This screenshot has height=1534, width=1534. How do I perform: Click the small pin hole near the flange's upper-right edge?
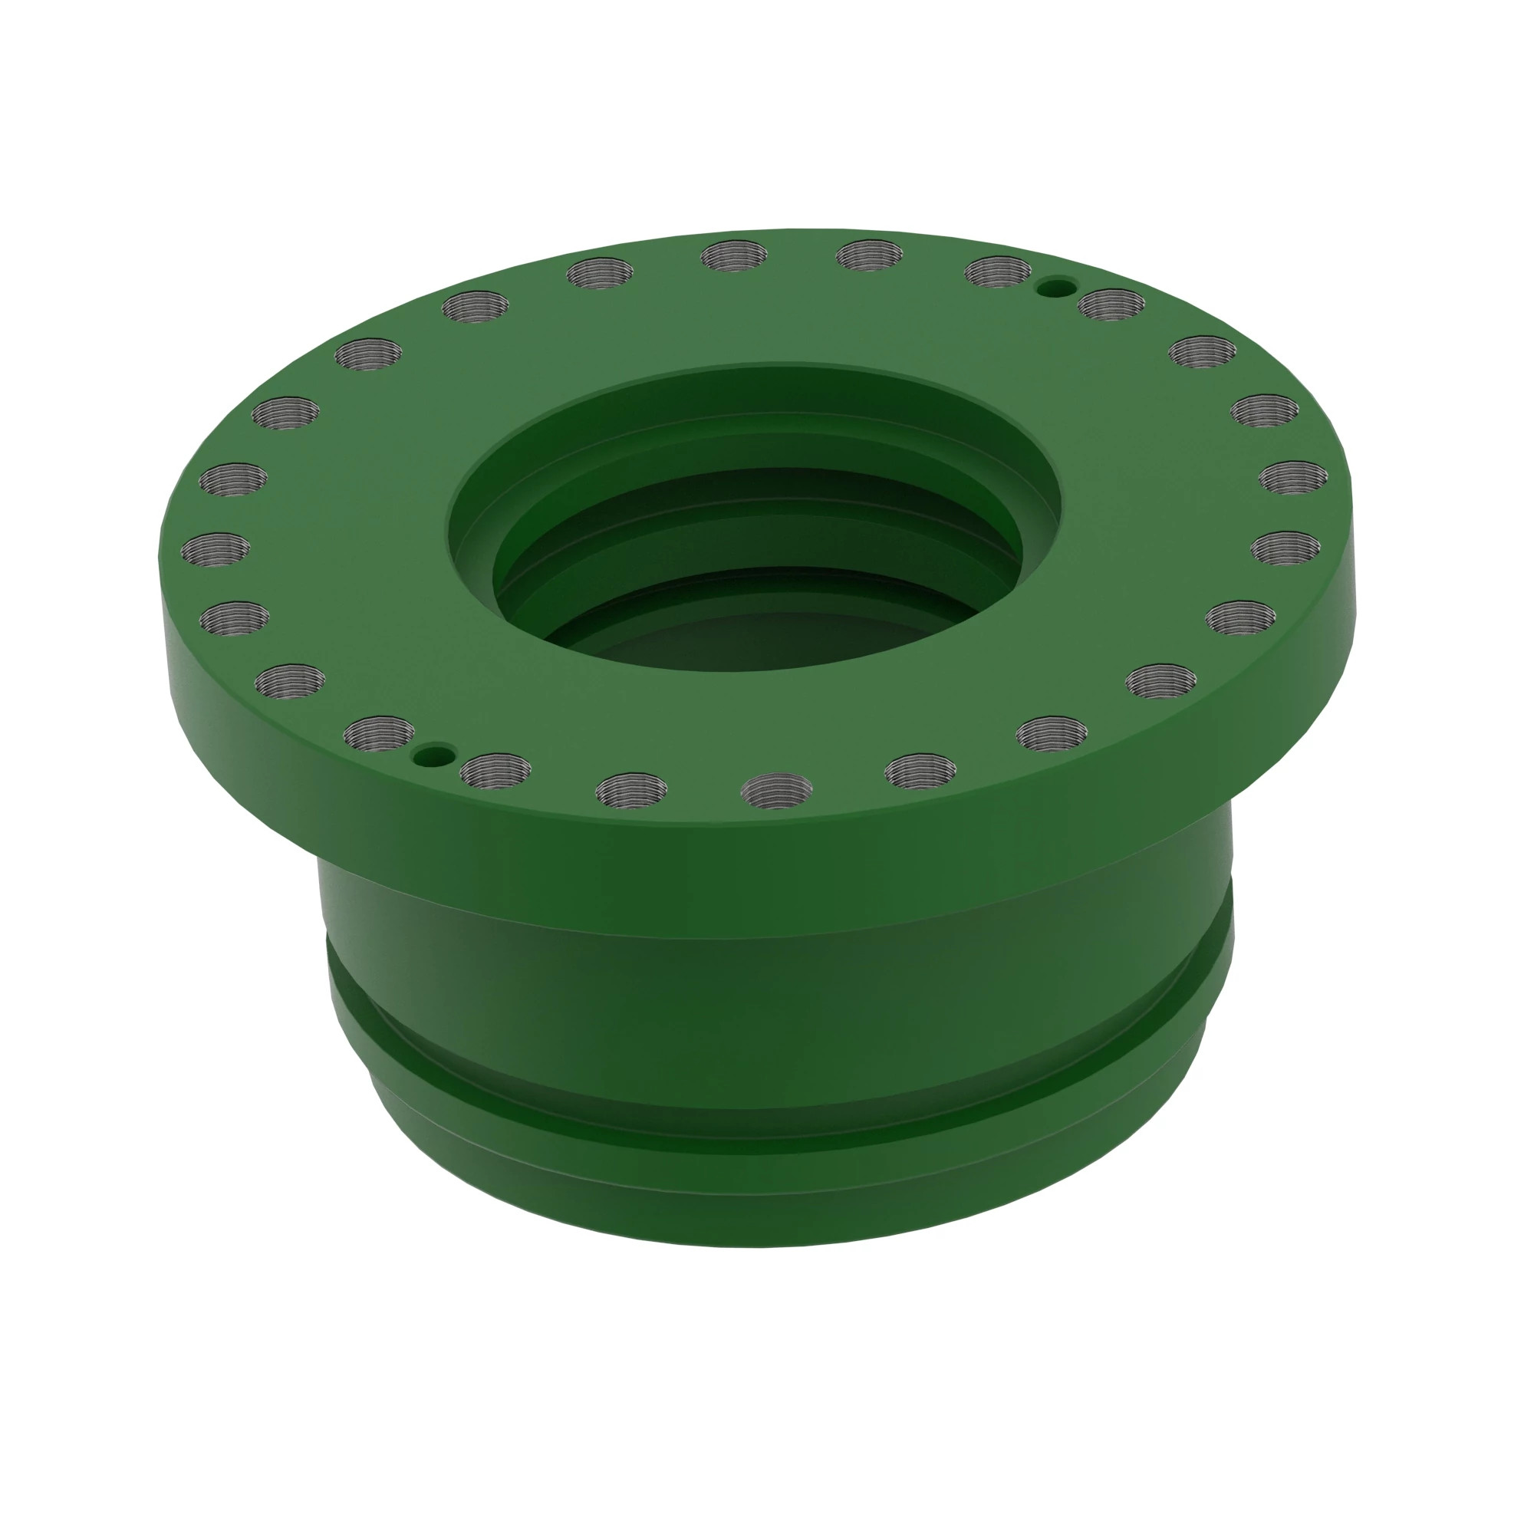(1058, 286)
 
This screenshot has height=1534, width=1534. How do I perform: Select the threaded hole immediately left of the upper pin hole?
(997, 272)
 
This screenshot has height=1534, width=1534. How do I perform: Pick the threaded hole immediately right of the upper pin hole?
(1111, 304)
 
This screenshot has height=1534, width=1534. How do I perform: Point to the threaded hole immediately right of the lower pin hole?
(495, 770)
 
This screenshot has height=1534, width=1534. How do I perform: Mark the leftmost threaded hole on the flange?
(216, 548)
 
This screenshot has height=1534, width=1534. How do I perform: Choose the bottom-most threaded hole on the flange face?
(775, 791)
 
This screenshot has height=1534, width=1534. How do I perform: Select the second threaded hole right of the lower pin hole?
(631, 788)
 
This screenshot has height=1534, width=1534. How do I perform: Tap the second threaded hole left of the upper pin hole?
(870, 256)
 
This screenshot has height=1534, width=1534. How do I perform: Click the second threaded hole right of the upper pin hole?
(1203, 352)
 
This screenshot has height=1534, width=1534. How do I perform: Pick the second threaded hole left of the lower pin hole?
(291, 681)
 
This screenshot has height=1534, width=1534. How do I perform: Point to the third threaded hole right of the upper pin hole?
(1265, 410)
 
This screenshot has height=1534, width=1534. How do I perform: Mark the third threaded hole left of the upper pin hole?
(735, 255)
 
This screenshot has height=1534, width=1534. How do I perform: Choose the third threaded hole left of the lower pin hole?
(234, 617)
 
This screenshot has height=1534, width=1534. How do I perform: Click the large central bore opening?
(754, 556)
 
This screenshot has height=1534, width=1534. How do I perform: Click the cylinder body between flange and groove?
(762, 992)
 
